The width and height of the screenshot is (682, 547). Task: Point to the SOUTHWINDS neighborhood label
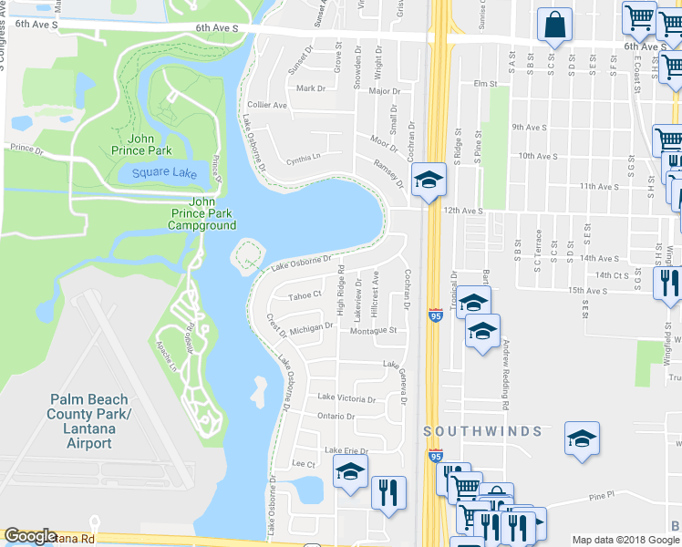point(483,430)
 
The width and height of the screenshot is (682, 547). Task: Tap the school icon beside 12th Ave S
point(426,181)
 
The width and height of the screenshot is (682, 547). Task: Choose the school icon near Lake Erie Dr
point(349,472)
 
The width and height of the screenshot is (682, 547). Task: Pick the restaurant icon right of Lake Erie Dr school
point(388,492)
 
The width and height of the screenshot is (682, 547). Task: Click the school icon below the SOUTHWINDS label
point(581,439)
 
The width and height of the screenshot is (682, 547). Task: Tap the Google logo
point(31,536)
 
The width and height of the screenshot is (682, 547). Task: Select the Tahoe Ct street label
point(305,294)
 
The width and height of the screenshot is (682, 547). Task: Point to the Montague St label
point(374,331)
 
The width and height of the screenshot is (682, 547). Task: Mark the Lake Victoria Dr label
point(346,398)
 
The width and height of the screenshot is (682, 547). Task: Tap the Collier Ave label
point(267,105)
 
